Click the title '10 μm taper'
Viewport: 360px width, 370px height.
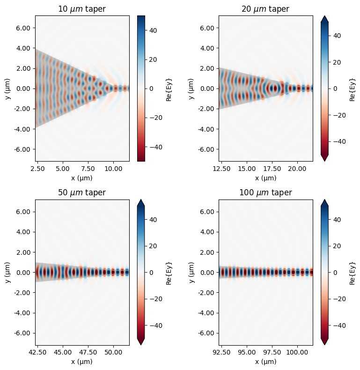click(x=82, y=9)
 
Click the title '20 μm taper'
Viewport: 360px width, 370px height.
click(x=266, y=9)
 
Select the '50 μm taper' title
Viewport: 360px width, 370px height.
click(x=82, y=193)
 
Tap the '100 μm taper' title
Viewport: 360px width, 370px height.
click(x=266, y=193)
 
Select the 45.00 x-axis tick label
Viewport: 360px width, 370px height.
click(x=62, y=353)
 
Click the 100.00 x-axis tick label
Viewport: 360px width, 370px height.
click(x=296, y=353)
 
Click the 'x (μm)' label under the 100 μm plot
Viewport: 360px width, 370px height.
click(x=266, y=362)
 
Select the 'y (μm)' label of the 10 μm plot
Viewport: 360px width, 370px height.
click(x=7, y=89)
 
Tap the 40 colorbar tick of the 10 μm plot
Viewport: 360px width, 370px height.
click(x=153, y=30)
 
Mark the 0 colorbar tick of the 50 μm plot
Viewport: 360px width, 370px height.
click(x=151, y=272)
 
